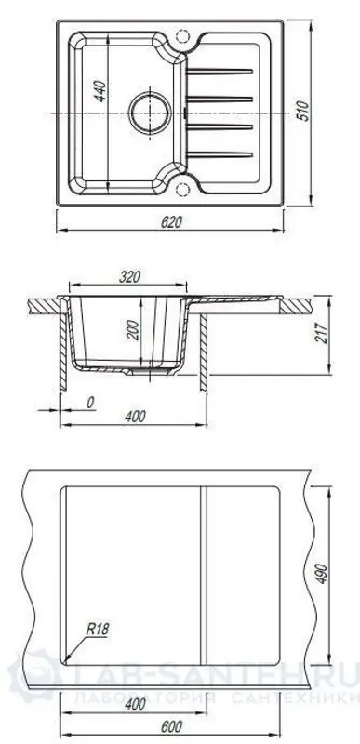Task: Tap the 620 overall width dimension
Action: coord(170,222)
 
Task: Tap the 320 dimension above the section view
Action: coord(131,276)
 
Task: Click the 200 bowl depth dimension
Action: coord(133,332)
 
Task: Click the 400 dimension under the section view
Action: coord(136,415)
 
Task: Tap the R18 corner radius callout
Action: coord(99,630)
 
